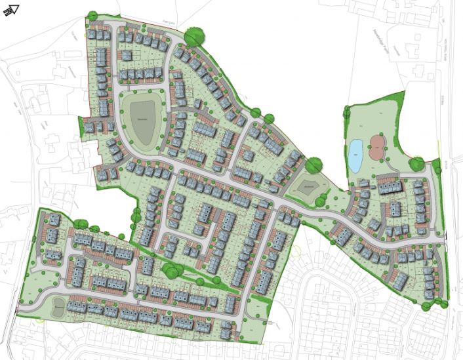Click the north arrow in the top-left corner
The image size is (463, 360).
point(11,10)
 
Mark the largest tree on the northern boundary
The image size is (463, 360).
point(194,35)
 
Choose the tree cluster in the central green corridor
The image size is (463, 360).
point(172,268)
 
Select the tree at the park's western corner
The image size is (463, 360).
point(348,113)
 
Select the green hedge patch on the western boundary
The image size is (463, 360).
point(136,214)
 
